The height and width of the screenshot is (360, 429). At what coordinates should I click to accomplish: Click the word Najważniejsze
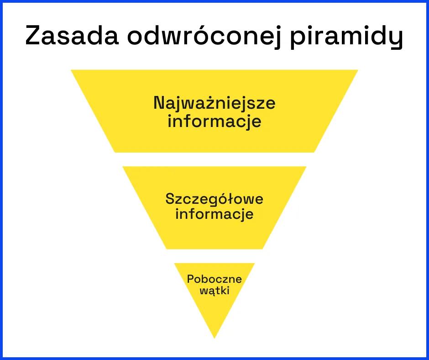(214, 103)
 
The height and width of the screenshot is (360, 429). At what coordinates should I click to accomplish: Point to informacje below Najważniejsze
(214, 122)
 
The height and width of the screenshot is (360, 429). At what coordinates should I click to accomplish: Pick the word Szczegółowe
(214, 200)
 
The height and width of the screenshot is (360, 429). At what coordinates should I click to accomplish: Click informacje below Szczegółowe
(214, 214)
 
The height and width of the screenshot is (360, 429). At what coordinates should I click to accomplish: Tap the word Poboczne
(214, 279)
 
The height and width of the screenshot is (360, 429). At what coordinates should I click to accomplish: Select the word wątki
(214, 291)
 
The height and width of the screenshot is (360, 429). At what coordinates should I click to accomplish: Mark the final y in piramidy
(396, 38)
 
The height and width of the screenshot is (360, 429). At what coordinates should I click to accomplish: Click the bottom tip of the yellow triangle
(214, 337)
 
